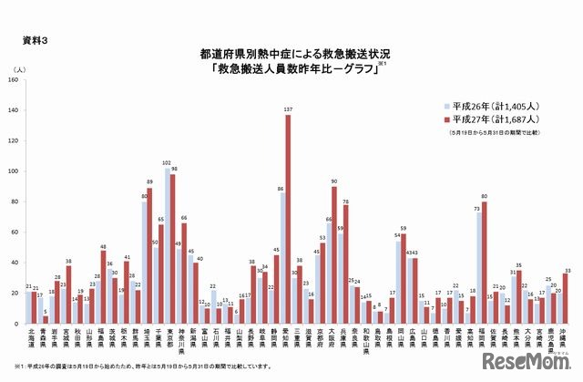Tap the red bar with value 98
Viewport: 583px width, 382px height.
(x=173, y=249)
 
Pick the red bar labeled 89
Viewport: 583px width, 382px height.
(x=150, y=256)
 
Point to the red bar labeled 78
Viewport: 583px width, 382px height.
(x=345, y=264)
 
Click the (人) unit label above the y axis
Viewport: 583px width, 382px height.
(x=19, y=68)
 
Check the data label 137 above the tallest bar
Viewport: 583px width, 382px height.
(x=288, y=109)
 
